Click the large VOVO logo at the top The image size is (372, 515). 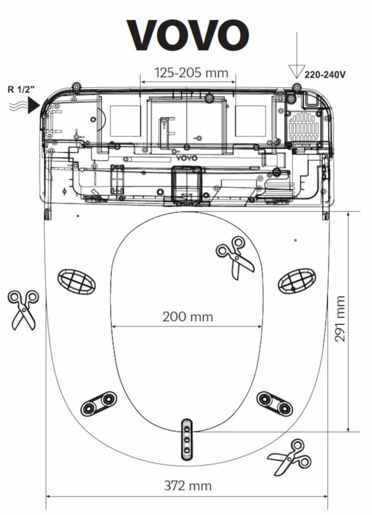[x=187, y=35]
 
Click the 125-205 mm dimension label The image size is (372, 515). [x=191, y=72]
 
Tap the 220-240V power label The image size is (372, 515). [x=325, y=74]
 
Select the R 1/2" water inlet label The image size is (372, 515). [x=21, y=90]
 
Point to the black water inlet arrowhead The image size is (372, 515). [x=34, y=106]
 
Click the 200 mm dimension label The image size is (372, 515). [x=188, y=317]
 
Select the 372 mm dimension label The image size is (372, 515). [x=187, y=486]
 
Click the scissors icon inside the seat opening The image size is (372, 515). [x=235, y=257]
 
